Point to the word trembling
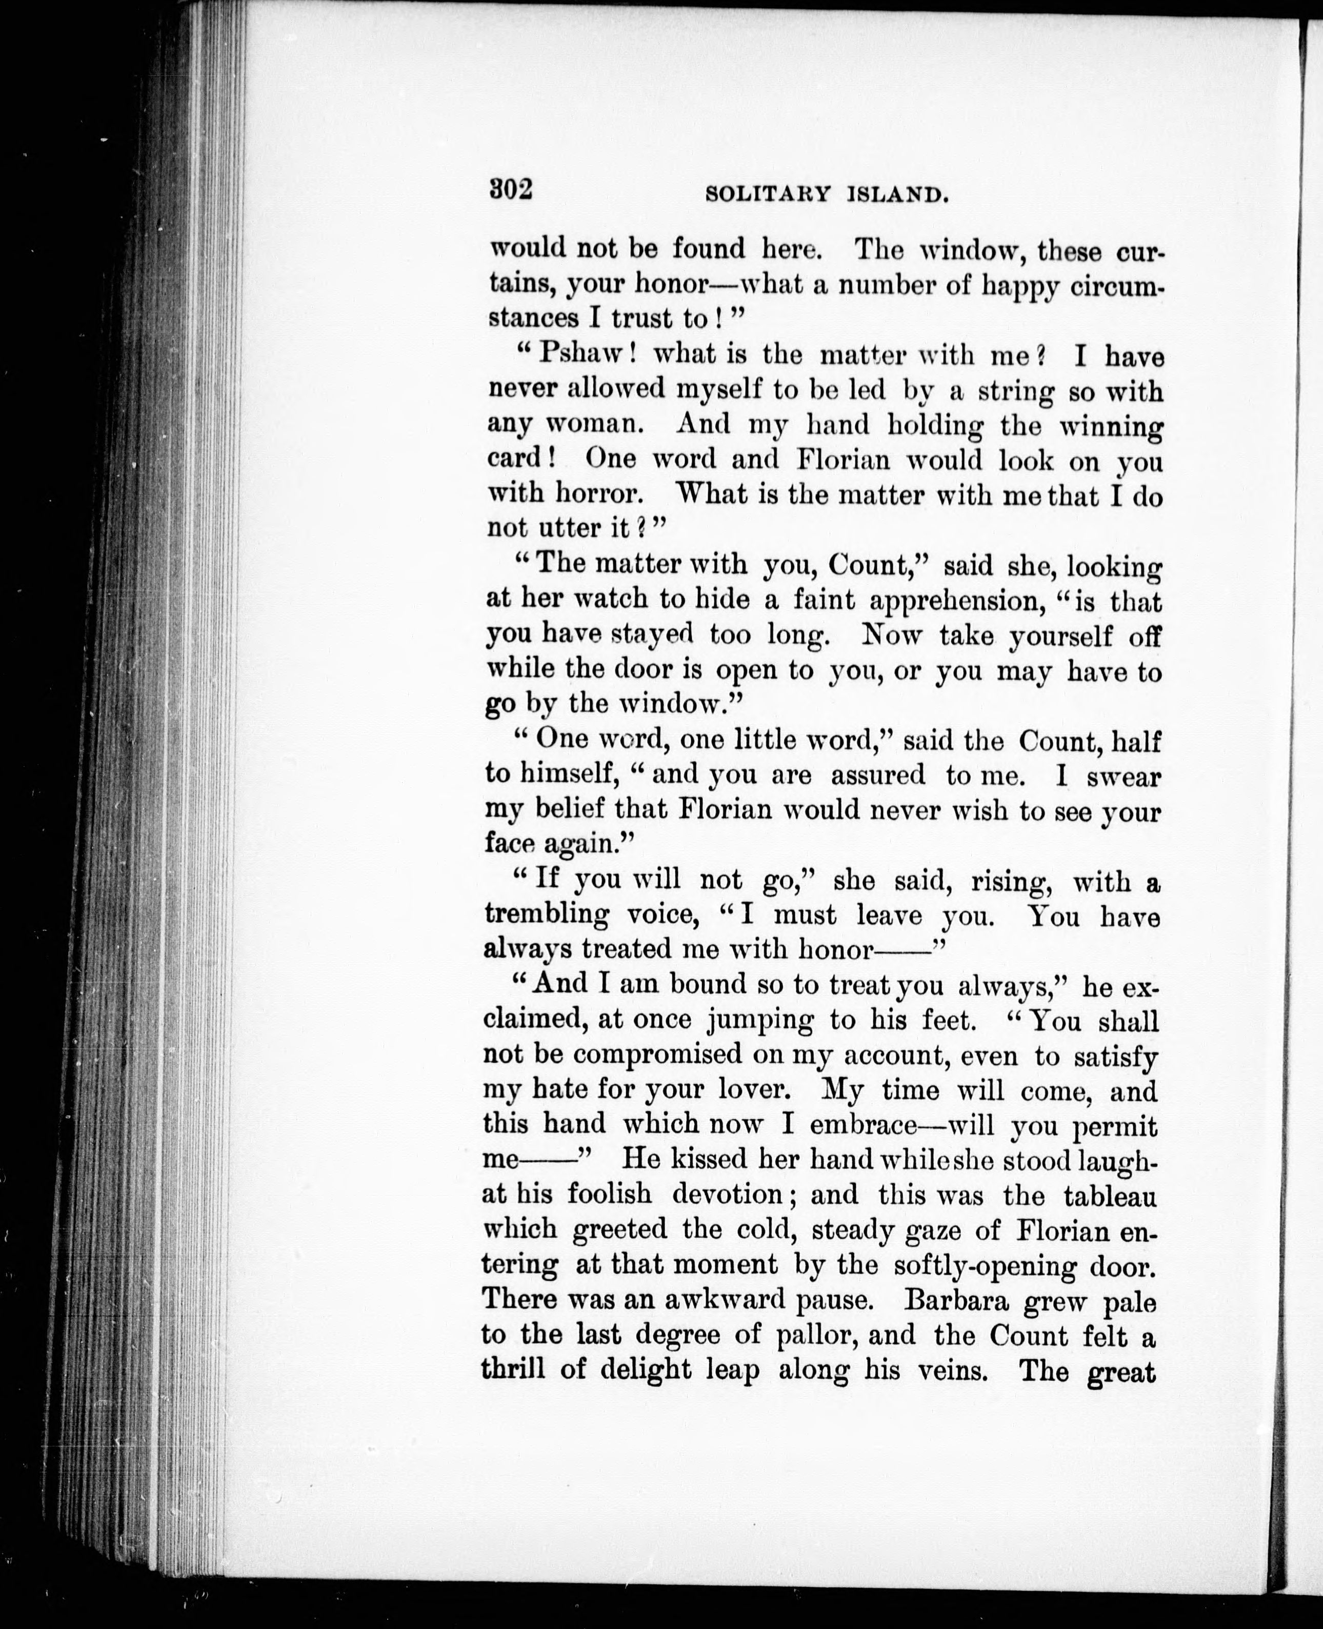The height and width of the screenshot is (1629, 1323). pos(547,915)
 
